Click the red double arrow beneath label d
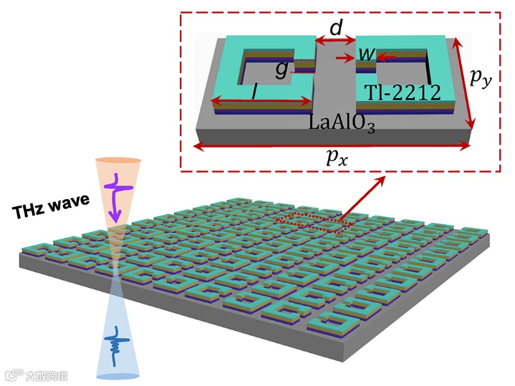(334, 44)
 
